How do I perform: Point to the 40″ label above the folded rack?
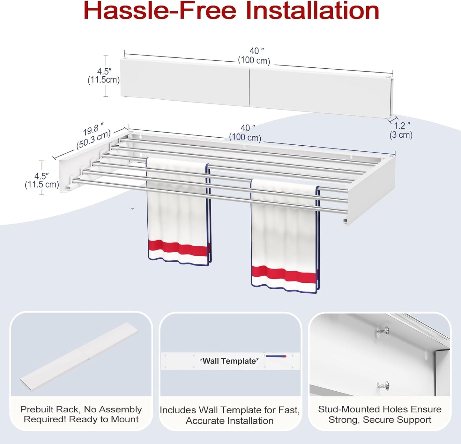(x=254, y=56)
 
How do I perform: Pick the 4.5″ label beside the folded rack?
(x=104, y=76)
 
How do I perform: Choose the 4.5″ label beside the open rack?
(x=42, y=180)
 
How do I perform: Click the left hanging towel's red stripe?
(x=178, y=249)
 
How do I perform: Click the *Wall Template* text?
(x=229, y=361)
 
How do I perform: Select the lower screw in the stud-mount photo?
(x=383, y=386)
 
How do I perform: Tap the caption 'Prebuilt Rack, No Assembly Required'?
(x=81, y=414)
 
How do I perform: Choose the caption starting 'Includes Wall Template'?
(x=230, y=415)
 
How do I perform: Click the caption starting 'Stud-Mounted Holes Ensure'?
(x=380, y=414)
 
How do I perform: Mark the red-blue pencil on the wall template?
(x=276, y=356)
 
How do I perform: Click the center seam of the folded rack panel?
(x=249, y=87)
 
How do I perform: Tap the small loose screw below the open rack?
(x=132, y=209)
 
